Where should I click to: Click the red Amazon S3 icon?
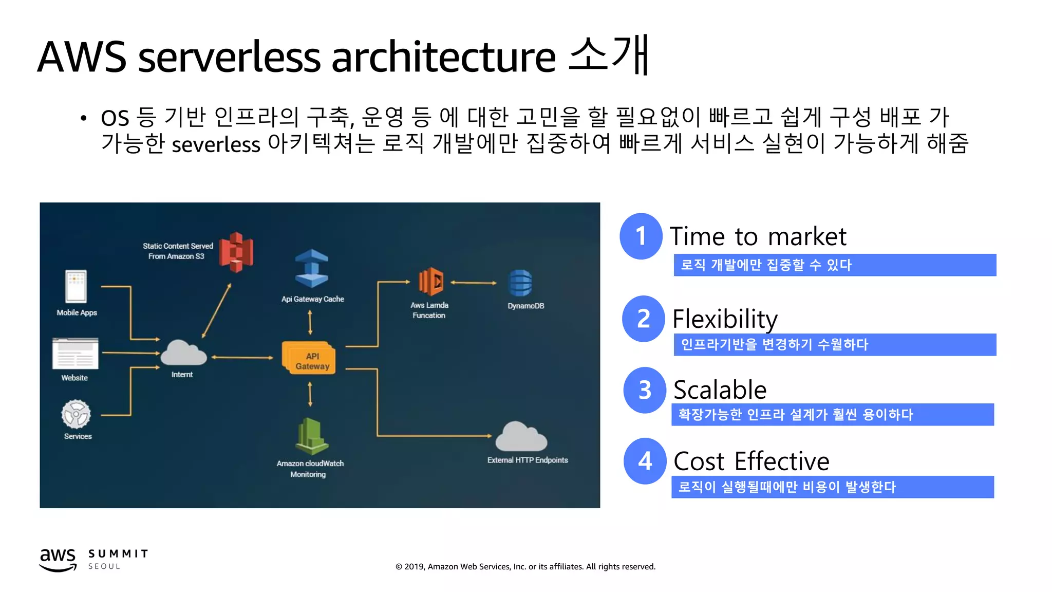236,252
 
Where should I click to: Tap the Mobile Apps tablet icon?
76,286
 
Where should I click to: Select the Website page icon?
75,354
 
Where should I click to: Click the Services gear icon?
76,414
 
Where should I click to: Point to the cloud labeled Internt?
183,354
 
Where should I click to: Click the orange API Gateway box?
309,358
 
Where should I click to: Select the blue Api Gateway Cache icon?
311,268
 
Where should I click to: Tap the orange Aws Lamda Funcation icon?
430,282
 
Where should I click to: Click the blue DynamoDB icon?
520,283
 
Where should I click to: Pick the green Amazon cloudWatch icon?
311,436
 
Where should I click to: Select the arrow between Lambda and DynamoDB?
473,283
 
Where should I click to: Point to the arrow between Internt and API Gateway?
242,357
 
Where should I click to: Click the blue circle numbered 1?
641,236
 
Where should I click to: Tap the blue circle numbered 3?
645,390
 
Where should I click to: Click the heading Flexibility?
724,319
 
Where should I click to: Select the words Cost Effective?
751,461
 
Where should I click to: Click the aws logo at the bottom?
58,559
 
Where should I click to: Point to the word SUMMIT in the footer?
118,553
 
